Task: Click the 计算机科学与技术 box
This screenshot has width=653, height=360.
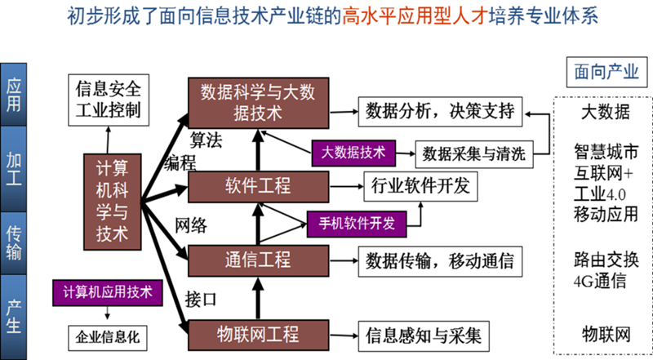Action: [112, 200]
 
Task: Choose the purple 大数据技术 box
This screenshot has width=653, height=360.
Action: [353, 152]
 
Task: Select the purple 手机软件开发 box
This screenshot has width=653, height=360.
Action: [356, 222]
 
